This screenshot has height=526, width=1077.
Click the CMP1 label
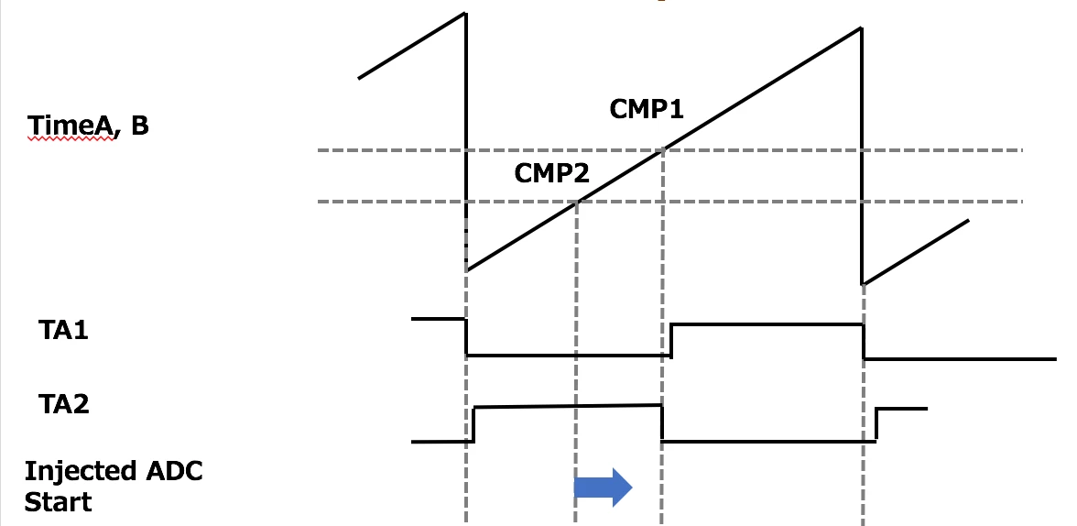point(647,109)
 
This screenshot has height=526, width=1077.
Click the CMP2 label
point(551,173)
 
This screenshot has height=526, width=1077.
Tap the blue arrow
point(603,488)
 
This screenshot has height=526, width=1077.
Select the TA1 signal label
point(64,331)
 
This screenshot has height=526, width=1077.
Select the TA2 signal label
point(64,404)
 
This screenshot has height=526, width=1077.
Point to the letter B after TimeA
point(139,126)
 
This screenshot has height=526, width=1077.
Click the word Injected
point(81,472)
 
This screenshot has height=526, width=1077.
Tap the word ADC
point(174,471)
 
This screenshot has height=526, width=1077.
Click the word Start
point(58,501)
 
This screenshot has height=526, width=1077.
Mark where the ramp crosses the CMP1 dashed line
point(663,149)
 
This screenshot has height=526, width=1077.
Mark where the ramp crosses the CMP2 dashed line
point(577,202)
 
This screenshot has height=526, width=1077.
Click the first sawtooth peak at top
point(465,13)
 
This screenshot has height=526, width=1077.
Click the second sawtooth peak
point(861,28)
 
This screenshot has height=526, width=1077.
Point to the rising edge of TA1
point(671,340)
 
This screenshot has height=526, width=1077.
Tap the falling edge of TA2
point(661,422)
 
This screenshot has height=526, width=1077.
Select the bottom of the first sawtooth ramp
point(467,270)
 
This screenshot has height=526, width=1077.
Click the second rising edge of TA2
point(876,424)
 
